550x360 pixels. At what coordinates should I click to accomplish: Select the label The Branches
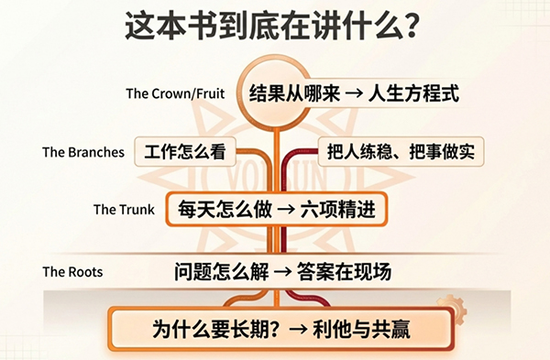point(82,152)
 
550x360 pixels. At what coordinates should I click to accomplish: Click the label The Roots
point(72,272)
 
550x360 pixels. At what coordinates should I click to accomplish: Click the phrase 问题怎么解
point(220,271)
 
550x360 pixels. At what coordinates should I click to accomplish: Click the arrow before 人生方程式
point(352,93)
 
